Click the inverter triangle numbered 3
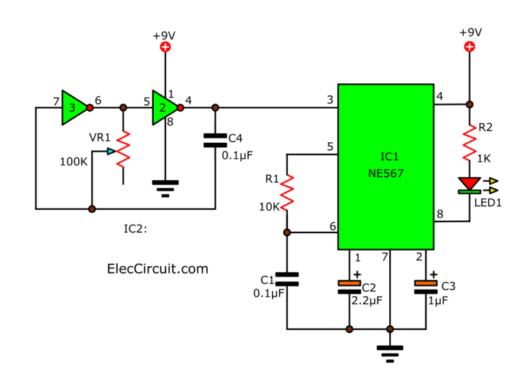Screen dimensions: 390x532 74,107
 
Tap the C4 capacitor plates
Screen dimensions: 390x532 215,140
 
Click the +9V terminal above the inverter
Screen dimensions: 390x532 165,47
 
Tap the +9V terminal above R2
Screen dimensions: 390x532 469,47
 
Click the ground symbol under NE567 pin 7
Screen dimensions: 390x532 391,354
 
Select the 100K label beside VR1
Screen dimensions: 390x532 74,160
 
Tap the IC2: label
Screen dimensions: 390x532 137,229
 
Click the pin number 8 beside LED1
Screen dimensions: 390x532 439,214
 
